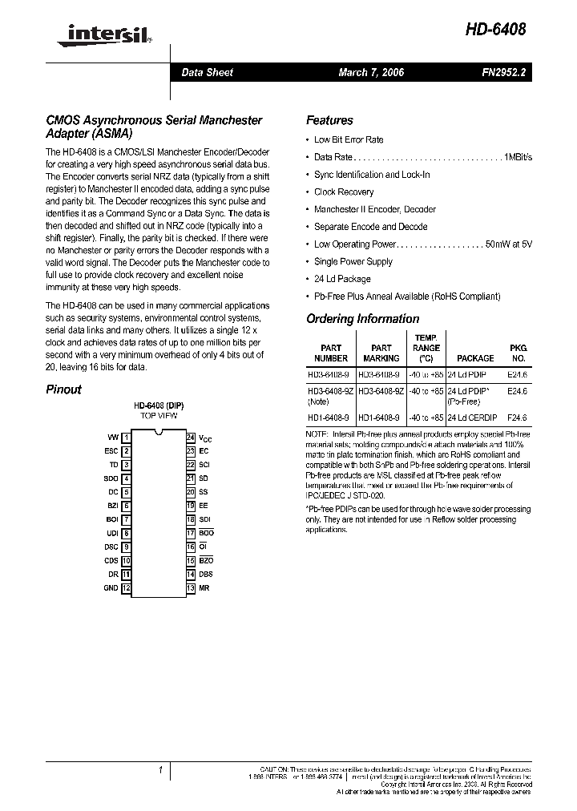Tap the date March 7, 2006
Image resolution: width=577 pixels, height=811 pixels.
pyautogui.click(x=371, y=72)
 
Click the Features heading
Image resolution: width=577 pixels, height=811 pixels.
pyautogui.click(x=329, y=121)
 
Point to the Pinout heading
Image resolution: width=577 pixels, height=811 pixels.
pyautogui.click(x=63, y=389)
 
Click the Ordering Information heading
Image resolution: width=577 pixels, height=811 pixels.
pyautogui.click(x=362, y=319)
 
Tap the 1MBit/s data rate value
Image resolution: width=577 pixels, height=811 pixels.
pyautogui.click(x=518, y=157)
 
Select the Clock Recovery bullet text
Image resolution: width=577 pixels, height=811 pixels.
pyautogui.click(x=344, y=192)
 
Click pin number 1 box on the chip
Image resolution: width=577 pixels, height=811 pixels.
pyautogui.click(x=127, y=437)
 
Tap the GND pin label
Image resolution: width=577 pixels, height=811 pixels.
pyautogui.click(x=111, y=587)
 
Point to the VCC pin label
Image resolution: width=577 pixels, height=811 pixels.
pyautogui.click(x=205, y=438)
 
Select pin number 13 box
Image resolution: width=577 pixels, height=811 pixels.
pyautogui.click(x=191, y=587)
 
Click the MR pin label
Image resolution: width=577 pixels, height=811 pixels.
pyautogui.click(x=204, y=587)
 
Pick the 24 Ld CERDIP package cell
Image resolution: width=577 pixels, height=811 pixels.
pyautogui.click(x=472, y=418)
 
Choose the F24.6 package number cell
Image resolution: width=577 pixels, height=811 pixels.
pyautogui.click(x=518, y=418)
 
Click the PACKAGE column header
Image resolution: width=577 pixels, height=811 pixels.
pyautogui.click(x=474, y=358)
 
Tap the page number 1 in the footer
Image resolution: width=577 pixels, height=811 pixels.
pyautogui.click(x=160, y=770)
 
